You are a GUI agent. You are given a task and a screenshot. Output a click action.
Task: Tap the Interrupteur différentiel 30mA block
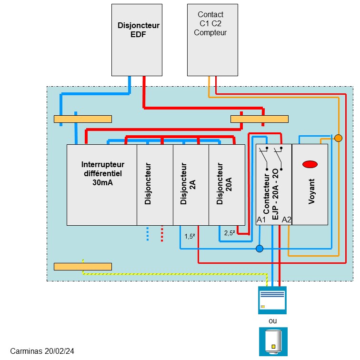(x=102, y=184)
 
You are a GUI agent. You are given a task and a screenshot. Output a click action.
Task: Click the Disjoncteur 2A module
(x=190, y=184)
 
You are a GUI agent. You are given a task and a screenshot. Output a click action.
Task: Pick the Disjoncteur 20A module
(x=227, y=184)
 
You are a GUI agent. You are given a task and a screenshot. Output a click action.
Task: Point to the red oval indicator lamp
(x=310, y=164)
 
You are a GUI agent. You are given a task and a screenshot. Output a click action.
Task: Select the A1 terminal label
(x=261, y=220)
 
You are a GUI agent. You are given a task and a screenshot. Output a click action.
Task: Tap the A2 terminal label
(x=286, y=220)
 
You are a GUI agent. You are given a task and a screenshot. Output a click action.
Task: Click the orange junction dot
(x=338, y=138)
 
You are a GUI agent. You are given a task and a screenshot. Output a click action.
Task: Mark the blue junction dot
(x=259, y=249)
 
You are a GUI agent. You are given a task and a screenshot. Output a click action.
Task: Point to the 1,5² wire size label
(x=190, y=236)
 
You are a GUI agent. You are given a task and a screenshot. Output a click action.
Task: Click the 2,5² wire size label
(x=229, y=233)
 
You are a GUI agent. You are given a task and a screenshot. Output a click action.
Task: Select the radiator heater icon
(x=272, y=300)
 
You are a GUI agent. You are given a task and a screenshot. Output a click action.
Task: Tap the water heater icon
(x=273, y=341)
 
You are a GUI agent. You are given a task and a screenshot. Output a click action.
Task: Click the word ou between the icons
(x=272, y=321)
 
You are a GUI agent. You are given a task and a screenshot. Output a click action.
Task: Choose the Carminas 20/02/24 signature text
(x=42, y=351)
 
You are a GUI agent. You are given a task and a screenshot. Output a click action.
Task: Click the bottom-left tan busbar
(x=83, y=266)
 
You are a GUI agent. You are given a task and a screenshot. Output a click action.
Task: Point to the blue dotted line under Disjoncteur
(x=148, y=234)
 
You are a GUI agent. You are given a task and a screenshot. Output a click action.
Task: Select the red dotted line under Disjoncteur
(x=162, y=234)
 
